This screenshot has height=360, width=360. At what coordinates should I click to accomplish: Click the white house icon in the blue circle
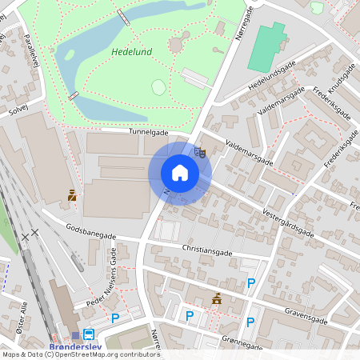pos(180,173)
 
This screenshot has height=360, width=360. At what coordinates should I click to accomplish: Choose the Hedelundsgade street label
pos(273,74)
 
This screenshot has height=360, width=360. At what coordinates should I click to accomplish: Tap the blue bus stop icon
pos(88,334)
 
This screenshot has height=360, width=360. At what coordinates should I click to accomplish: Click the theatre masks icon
pos(200,150)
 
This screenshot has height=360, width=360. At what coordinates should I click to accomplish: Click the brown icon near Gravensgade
pos(216,298)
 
